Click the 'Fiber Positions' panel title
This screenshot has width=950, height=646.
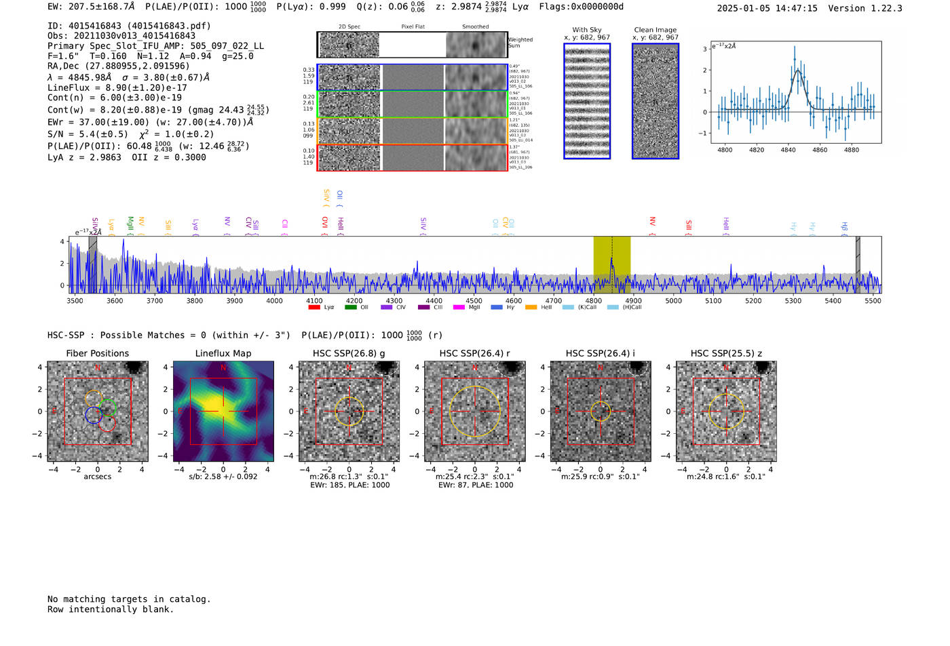click(97, 353)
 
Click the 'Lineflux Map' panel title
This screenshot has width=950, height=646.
click(223, 353)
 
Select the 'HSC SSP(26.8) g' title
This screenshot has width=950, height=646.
click(349, 353)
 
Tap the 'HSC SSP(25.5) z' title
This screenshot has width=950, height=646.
click(726, 353)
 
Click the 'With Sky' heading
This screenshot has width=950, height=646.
click(587, 30)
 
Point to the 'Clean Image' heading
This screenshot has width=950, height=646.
click(655, 30)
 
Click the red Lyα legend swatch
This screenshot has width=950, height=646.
click(314, 307)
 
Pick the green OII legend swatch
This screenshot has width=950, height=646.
click(350, 307)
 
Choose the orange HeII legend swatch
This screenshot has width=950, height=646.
click(531, 307)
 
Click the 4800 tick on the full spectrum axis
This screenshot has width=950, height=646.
click(594, 300)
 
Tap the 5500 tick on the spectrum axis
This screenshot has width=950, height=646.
click(873, 300)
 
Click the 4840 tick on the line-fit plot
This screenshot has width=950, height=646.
click(788, 150)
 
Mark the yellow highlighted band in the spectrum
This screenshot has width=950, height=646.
click(611, 264)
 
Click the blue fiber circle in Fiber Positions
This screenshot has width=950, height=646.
click(94, 415)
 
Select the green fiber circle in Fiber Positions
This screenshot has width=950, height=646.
click(108, 407)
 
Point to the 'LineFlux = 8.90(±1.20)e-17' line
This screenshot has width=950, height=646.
click(117, 87)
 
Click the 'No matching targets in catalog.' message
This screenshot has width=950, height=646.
click(129, 599)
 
